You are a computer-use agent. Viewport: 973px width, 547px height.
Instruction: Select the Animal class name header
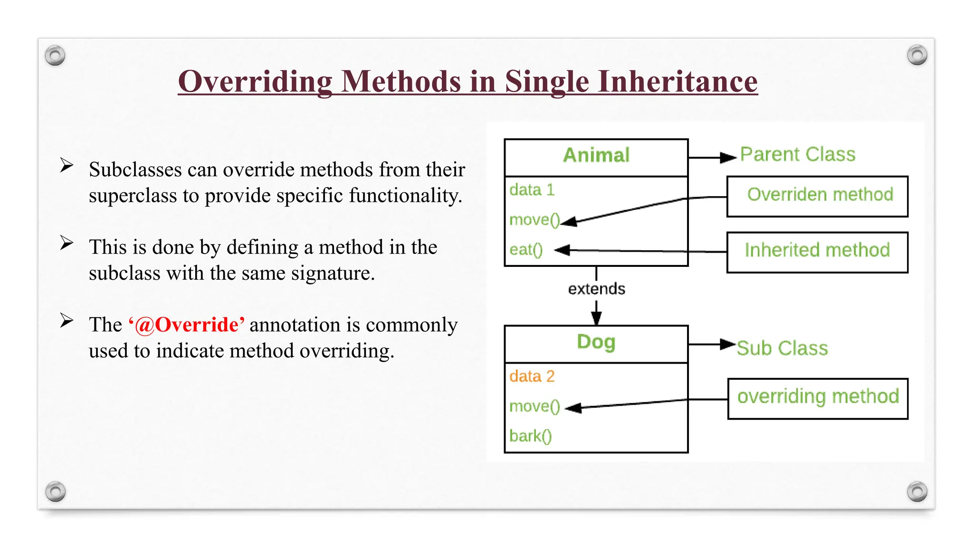point(596,156)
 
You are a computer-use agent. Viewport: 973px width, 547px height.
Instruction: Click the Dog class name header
point(596,342)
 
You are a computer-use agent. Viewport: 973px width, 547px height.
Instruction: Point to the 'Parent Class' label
point(798,155)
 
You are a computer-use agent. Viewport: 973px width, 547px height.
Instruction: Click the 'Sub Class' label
point(782,349)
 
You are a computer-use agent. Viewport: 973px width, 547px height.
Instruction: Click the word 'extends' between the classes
point(596,289)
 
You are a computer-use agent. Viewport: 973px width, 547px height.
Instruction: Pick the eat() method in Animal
point(525,250)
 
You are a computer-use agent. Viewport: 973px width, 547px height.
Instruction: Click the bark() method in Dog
point(530,436)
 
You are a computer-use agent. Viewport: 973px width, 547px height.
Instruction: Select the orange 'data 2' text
point(532,377)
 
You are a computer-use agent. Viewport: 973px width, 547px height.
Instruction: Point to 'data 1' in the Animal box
point(532,190)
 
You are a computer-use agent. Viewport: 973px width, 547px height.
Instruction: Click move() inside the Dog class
point(534,406)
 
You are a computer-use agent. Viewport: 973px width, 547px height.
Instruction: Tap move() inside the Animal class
point(534,220)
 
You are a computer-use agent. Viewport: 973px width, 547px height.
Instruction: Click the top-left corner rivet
point(55,56)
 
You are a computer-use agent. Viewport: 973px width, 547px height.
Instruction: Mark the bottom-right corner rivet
point(917,491)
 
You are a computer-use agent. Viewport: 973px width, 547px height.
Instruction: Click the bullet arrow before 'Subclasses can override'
point(67,165)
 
